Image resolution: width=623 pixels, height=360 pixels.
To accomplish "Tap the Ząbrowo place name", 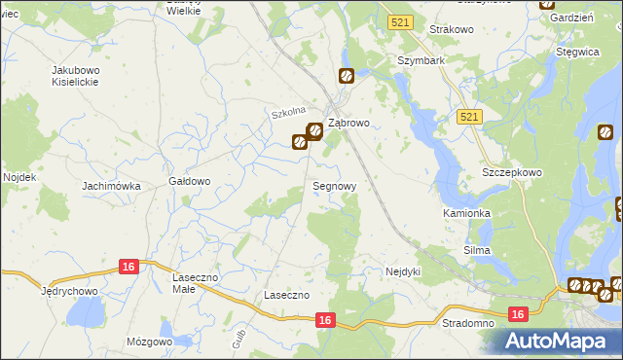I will (x=348, y=124).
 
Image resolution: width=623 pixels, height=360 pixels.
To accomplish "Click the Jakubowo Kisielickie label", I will (x=83, y=77).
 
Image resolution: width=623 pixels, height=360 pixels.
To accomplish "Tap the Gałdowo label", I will (x=190, y=181).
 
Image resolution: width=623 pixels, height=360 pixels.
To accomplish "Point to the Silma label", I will (x=477, y=250).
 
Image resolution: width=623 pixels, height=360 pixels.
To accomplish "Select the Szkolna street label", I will (x=289, y=113).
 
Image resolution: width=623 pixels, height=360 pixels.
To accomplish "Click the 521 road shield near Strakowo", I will (x=398, y=21).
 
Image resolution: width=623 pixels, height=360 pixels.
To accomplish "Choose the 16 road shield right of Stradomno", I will (x=518, y=313).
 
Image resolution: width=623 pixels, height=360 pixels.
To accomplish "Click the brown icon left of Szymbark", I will (x=345, y=76).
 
